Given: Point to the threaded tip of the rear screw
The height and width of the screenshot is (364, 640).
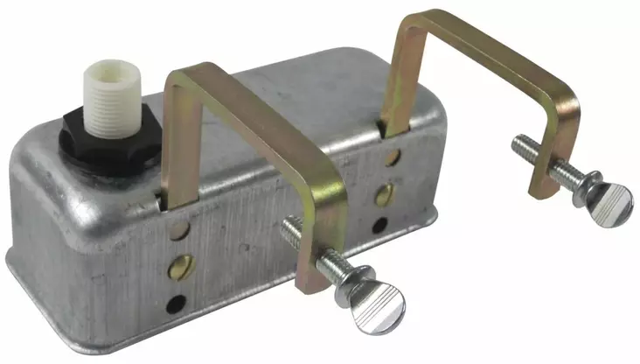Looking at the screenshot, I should pyautogui.click(x=518, y=143).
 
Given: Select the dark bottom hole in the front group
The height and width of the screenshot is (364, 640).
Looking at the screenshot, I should pyautogui.click(x=178, y=304).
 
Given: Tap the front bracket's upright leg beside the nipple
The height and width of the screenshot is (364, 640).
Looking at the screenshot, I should pyautogui.click(x=176, y=140).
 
